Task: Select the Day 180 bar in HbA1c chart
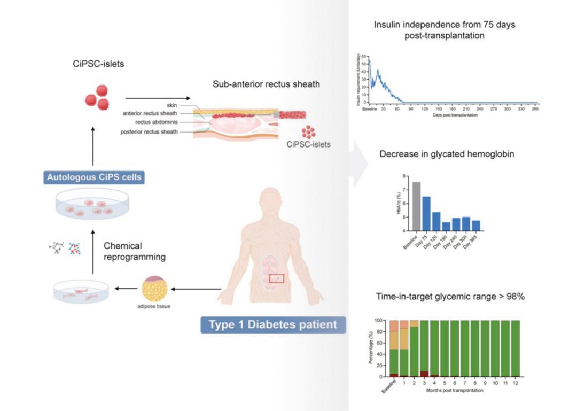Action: coord(446,226)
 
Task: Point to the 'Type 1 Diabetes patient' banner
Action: coord(272,324)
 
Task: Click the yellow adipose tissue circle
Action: coord(154,289)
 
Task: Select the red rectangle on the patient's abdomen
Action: coord(276,278)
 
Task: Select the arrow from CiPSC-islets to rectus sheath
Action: coord(158,98)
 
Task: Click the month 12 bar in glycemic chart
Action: coord(515,348)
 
